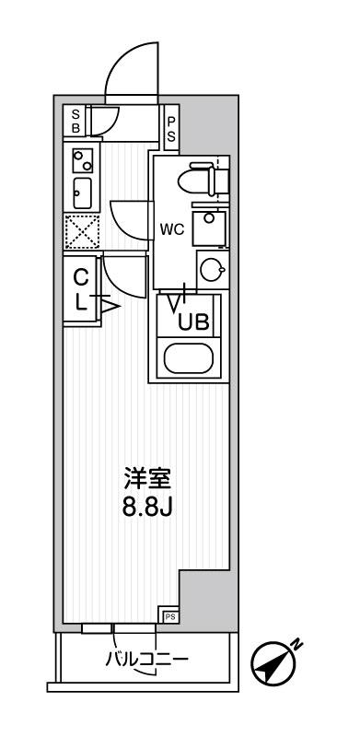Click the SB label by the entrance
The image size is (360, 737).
[77, 121]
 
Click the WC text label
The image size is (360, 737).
[173, 230]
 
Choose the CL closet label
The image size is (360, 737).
[80, 288]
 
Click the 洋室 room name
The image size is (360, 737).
[148, 479]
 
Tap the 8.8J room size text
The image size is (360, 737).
[148, 508]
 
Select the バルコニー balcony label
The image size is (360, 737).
[146, 661]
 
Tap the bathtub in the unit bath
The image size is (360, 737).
[190, 358]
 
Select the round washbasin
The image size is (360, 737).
[212, 270]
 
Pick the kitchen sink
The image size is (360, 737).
[80, 193]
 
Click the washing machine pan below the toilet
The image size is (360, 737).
[212, 227]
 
